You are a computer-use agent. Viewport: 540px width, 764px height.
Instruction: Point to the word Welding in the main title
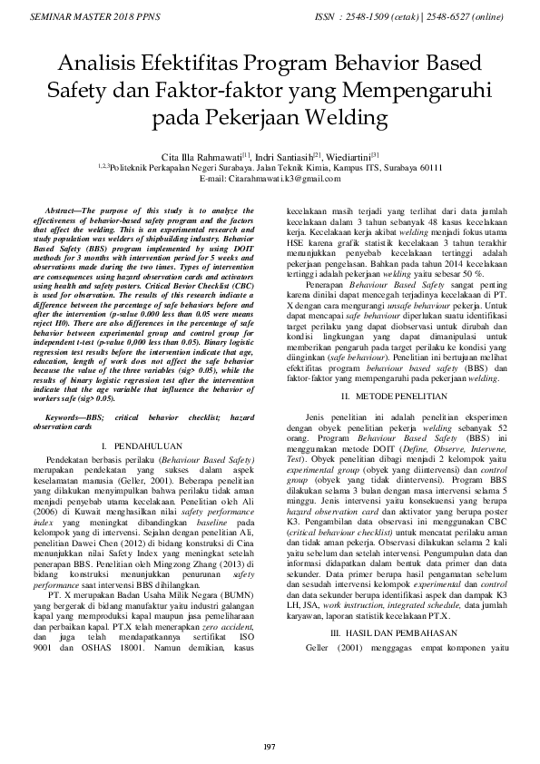coord(353,118)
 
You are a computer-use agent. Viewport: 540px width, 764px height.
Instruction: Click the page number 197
coord(269,746)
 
